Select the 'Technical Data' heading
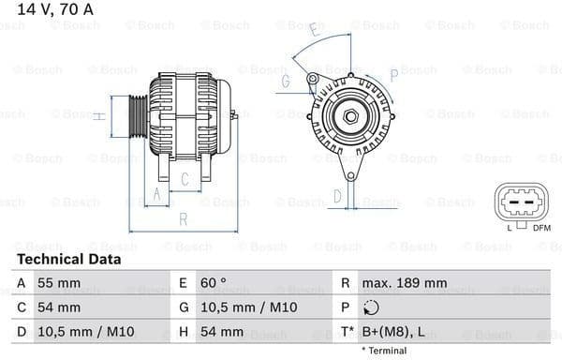(68, 259)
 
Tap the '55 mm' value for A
(59, 282)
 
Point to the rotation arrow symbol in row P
(372, 307)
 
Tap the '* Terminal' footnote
(381, 351)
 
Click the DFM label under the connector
(541, 228)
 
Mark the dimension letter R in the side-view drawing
(184, 218)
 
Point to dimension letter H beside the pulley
(97, 116)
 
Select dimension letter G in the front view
(286, 82)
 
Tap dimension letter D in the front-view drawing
(338, 197)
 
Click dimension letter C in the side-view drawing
(185, 178)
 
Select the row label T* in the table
(347, 332)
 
